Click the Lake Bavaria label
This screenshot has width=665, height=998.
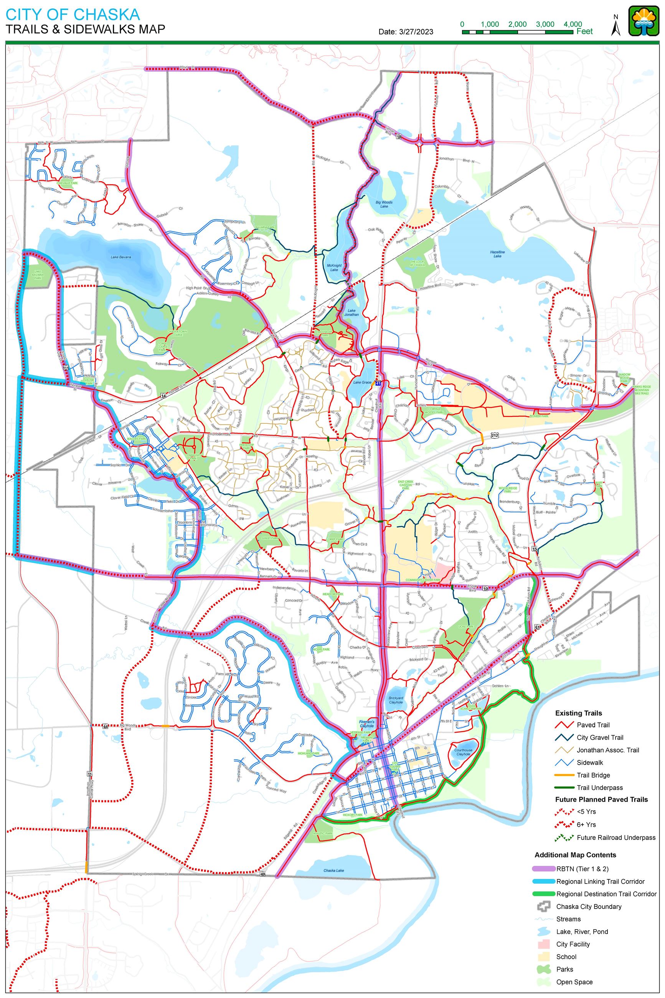point(121,257)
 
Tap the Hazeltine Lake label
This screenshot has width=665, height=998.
point(497,254)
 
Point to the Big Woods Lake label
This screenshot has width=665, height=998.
point(384,204)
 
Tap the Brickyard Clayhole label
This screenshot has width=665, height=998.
point(396,700)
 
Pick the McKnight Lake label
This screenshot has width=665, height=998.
point(334,267)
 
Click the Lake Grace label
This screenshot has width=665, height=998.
point(362,382)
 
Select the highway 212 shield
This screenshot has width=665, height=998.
point(495,435)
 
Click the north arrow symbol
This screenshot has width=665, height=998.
point(616,27)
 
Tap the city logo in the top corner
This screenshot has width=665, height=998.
point(644,21)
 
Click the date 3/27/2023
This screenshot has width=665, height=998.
point(406,32)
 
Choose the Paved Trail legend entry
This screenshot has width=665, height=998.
point(593,725)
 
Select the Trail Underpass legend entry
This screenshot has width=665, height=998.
point(600,788)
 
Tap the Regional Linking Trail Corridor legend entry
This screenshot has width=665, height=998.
point(600,881)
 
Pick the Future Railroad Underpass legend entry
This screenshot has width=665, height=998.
point(616,837)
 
